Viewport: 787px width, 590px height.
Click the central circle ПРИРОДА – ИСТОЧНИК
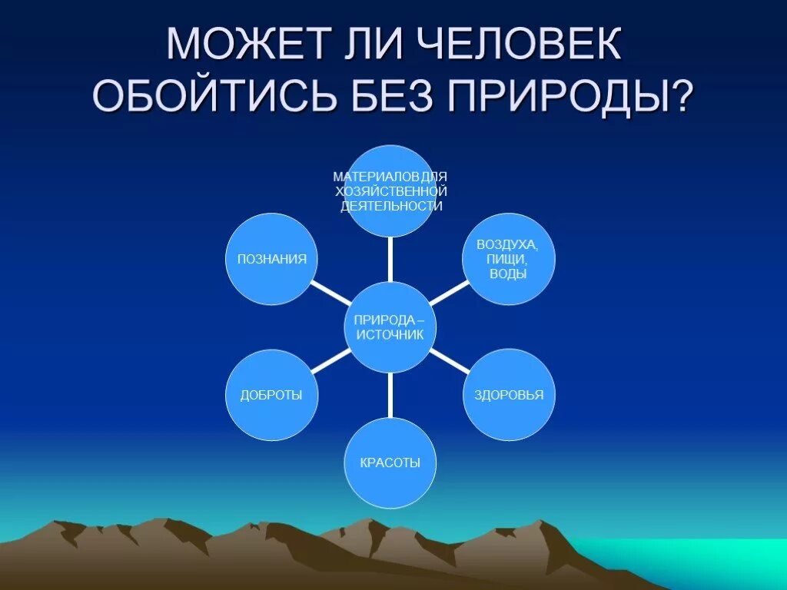[390, 327]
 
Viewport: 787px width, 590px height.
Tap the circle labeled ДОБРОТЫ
[271, 395]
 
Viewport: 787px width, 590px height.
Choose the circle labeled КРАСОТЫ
[390, 462]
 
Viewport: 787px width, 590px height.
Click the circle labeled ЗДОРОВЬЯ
[508, 395]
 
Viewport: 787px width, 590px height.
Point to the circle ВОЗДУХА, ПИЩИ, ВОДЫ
[507, 259]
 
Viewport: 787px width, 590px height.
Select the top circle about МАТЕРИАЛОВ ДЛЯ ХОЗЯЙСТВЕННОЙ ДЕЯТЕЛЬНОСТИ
[390, 191]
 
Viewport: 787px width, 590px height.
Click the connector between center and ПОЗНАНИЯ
[329, 293]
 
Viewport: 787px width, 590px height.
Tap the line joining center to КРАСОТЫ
[390, 395]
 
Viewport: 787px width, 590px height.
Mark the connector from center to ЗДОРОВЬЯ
[449, 361]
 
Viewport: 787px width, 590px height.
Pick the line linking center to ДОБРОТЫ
[330, 361]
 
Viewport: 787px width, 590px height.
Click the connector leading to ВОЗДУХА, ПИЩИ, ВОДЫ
[449, 293]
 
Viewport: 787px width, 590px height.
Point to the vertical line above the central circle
[390, 258]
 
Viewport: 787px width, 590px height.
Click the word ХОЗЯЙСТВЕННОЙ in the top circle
[390, 191]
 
